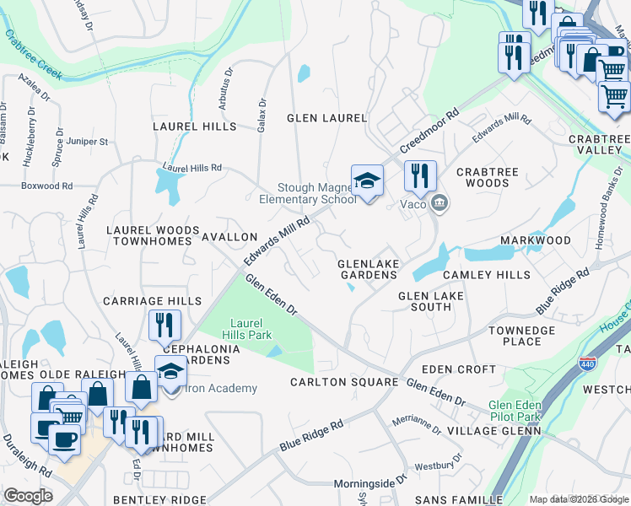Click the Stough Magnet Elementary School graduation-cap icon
click(x=367, y=180)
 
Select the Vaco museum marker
click(x=440, y=203)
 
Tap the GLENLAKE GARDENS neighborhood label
click(x=368, y=270)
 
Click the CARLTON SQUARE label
click(x=343, y=382)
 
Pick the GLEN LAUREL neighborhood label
click(x=326, y=118)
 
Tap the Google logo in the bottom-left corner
click(x=27, y=495)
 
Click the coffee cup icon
click(x=64, y=440)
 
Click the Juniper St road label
click(x=87, y=142)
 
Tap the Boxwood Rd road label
click(x=46, y=186)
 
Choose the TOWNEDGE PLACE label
click(x=509, y=336)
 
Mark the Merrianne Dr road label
click(x=416, y=423)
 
